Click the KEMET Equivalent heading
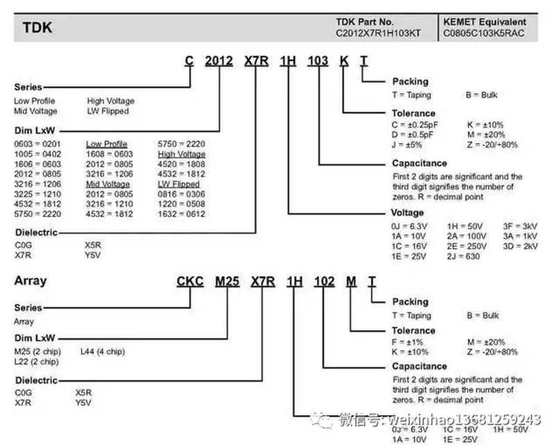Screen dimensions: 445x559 [x=484, y=21]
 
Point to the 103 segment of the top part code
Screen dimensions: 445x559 [x=318, y=62]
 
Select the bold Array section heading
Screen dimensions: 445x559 [x=30, y=281]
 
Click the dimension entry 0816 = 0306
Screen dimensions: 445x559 [x=181, y=195]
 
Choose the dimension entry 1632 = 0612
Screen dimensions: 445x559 [x=181, y=215]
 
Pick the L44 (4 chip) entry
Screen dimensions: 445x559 [x=103, y=351]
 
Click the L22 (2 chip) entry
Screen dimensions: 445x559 [x=37, y=362]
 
